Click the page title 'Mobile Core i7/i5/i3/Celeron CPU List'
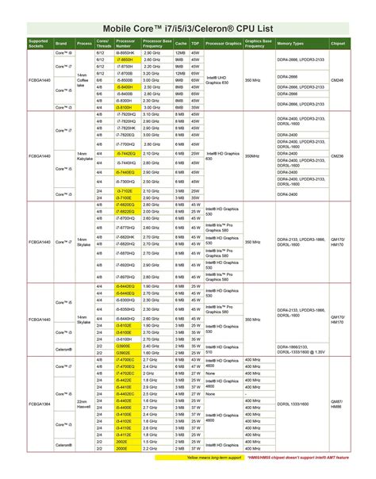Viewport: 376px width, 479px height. click(x=188, y=29)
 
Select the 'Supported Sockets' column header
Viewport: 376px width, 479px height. click(x=37, y=42)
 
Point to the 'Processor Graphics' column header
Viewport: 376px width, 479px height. click(x=221, y=42)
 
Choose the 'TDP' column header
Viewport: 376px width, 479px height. click(x=194, y=42)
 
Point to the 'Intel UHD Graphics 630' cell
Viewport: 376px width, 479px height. click(x=221, y=79)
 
